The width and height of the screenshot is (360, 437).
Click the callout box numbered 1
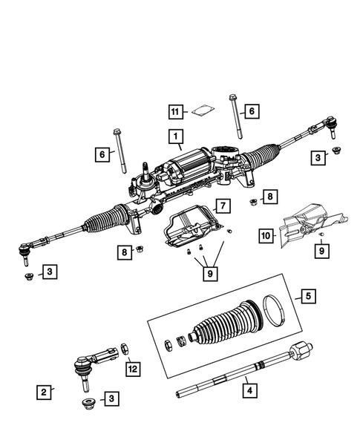click(175, 137)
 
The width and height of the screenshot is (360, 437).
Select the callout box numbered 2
click(45, 391)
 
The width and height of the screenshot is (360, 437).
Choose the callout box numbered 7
click(222, 205)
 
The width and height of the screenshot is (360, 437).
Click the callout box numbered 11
click(175, 112)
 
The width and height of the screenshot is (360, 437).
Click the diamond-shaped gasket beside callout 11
click(199, 113)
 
